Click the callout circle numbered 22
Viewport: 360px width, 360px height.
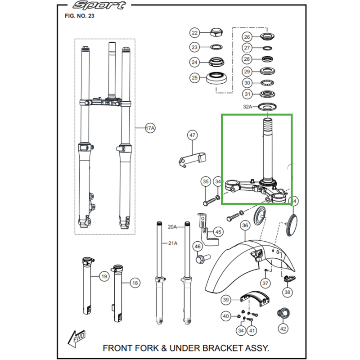pos(194,33)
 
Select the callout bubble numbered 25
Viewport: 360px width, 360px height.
pos(194,78)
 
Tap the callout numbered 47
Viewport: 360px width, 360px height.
pos(193,135)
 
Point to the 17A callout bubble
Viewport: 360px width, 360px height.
pos(150,129)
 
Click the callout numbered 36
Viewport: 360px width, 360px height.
pos(245,225)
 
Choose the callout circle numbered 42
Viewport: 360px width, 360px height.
pos(283,329)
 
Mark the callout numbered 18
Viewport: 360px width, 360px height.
pos(135,283)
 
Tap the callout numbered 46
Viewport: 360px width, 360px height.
pos(197,246)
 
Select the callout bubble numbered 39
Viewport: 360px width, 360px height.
pos(226,300)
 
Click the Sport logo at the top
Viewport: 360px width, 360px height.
pos(99,6)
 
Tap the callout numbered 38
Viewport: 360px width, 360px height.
pos(287,292)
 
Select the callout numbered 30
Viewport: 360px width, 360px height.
pos(247,83)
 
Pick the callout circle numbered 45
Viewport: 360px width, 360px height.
pos(218,232)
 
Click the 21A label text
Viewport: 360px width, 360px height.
pos(173,243)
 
